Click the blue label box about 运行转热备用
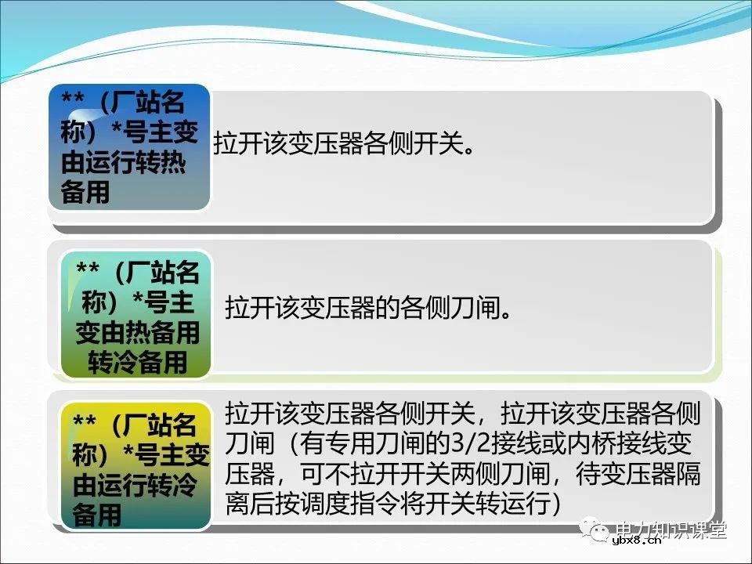pyautogui.click(x=130, y=146)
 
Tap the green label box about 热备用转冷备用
pyautogui.click(x=137, y=313)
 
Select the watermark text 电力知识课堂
pyautogui.click(x=672, y=530)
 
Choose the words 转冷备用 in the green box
pyautogui.click(x=137, y=363)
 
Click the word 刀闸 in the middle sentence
pyautogui.click(x=472, y=306)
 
